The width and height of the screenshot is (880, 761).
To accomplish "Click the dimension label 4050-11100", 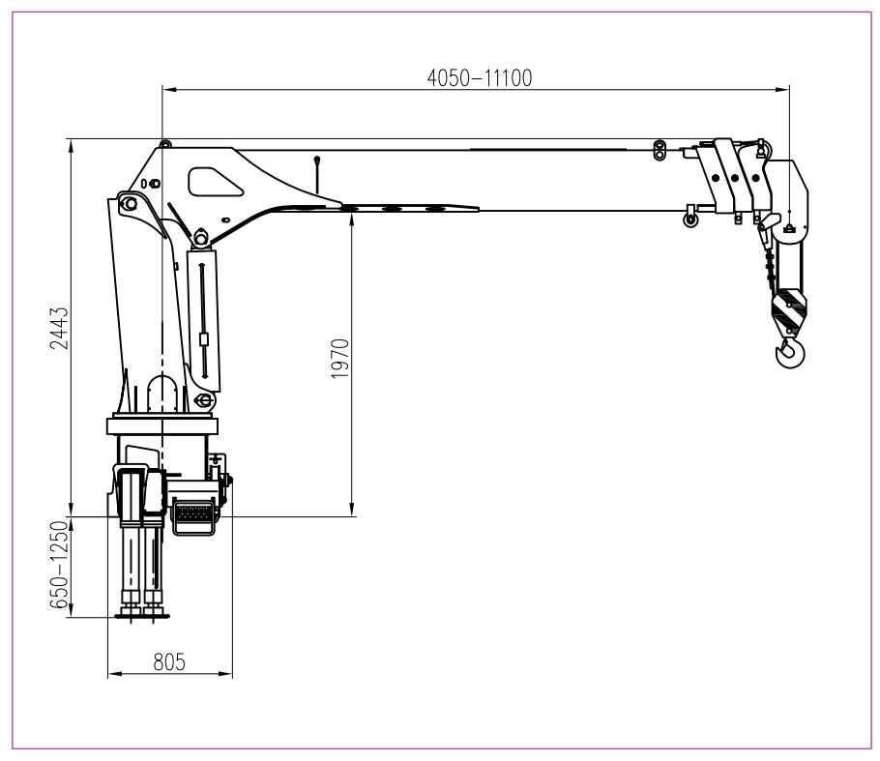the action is coord(480,78).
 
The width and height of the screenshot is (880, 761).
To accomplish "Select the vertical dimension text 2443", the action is coord(59,329).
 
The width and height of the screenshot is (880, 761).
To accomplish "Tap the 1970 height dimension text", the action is coord(340,359).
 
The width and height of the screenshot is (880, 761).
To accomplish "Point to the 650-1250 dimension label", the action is coord(59,565).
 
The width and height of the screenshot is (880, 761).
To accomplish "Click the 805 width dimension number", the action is coord(169,662).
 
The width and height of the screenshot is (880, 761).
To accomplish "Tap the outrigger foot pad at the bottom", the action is coord(142,616).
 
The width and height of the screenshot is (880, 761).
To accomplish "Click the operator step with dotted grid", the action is coord(193,515).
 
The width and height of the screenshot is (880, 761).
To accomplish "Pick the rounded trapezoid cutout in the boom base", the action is coord(215,182).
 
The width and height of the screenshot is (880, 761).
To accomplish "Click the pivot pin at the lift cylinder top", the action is coord(201,238).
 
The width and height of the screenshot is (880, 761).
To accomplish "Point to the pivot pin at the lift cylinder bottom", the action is coord(203,400).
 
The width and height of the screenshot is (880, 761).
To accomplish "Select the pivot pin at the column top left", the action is coord(129,203).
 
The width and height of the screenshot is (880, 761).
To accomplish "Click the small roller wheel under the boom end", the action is coord(690,220).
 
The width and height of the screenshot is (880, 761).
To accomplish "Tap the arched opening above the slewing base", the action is coord(162,395).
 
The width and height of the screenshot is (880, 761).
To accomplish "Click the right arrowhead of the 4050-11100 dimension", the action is coord(783,89).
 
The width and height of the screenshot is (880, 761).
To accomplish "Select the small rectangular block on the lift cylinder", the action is coord(204,339).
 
